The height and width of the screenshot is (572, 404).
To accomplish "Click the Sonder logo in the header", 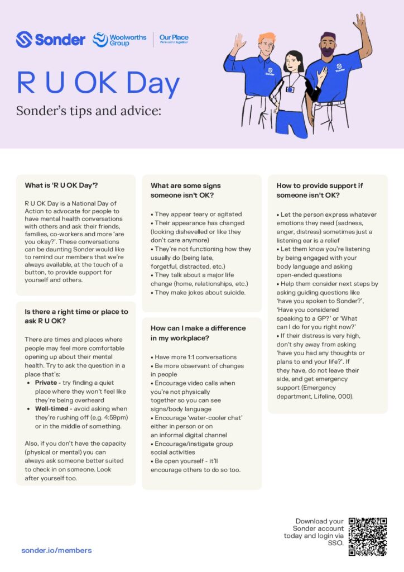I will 50,39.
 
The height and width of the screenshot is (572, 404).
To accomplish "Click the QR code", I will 367,536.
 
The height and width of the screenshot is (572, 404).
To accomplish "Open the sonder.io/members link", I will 56,550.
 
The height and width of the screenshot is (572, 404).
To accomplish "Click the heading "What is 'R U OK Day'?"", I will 61,185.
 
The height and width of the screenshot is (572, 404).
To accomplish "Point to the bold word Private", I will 46,383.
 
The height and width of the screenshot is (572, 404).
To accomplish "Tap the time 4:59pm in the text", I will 110,418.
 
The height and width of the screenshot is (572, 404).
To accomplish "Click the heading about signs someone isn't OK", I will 186,190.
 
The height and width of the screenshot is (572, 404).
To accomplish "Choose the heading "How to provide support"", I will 320,190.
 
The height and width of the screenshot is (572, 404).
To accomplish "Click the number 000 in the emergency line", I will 344,396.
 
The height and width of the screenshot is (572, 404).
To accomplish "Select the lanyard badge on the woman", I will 290,89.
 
